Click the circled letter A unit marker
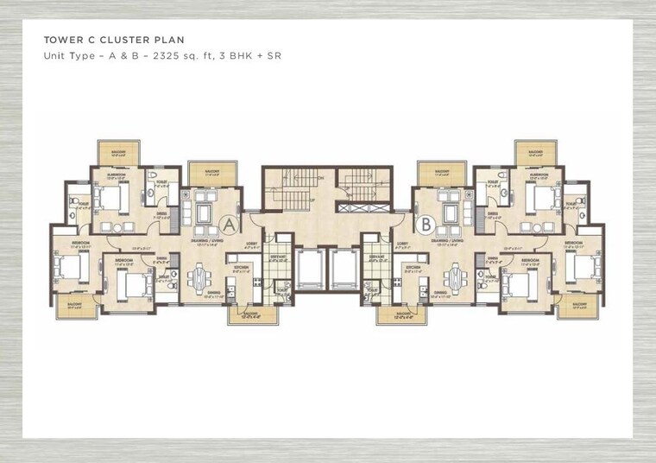(x=229, y=225)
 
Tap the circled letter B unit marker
(x=425, y=225)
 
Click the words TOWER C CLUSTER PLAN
(x=114, y=40)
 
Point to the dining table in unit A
(x=200, y=278)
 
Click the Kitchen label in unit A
(x=240, y=269)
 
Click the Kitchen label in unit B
(x=413, y=269)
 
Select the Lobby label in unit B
(x=402, y=244)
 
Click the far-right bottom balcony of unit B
(x=578, y=306)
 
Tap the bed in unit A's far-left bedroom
(x=69, y=267)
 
